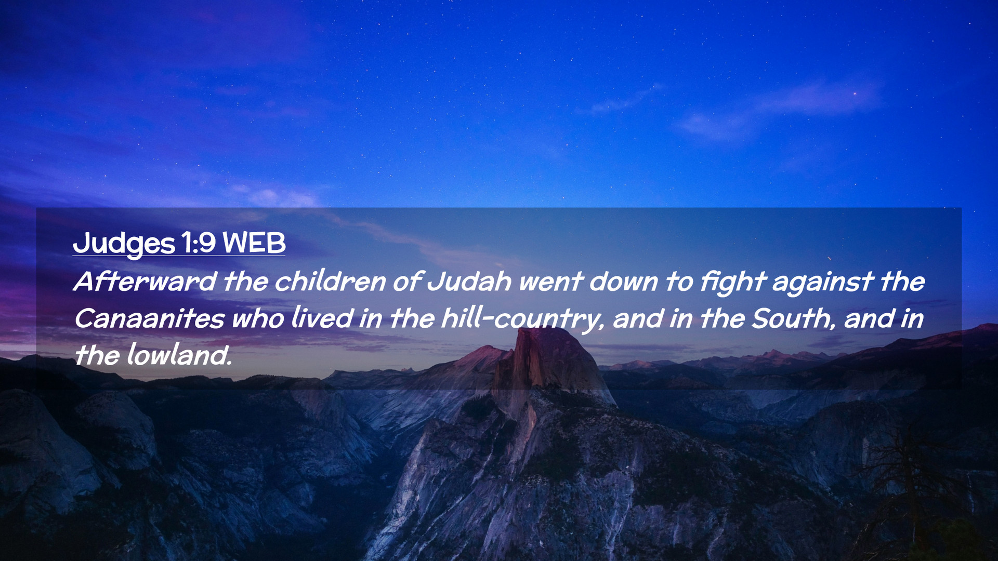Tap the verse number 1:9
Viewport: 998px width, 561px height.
click(x=198, y=243)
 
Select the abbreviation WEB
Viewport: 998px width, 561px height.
click(x=254, y=243)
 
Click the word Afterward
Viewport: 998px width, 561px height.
click(x=145, y=282)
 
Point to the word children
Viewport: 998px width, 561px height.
click(x=330, y=282)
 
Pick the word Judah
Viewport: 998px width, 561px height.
click(x=469, y=282)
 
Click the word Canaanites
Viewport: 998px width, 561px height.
click(x=149, y=319)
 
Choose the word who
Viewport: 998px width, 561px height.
click(x=257, y=319)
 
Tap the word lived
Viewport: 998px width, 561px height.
click(x=322, y=319)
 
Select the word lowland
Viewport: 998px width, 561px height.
click(x=179, y=356)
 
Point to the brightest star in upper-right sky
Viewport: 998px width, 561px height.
click(x=855, y=94)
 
